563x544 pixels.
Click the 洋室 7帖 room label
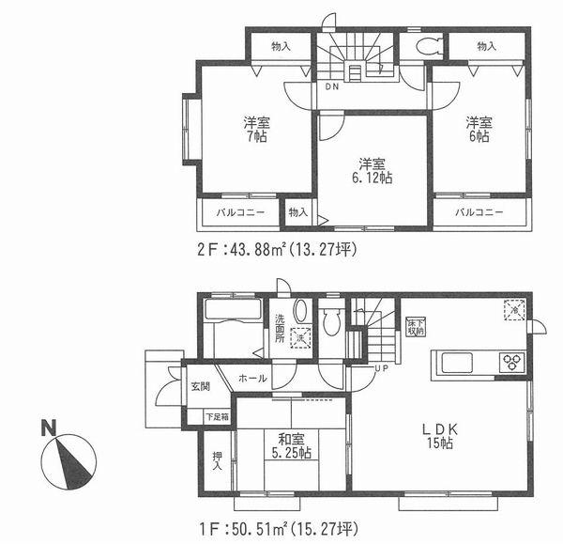point(251,130)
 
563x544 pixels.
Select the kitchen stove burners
point(512,362)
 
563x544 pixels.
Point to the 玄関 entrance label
point(201,386)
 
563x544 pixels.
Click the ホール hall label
point(251,379)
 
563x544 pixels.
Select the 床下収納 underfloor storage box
point(414,327)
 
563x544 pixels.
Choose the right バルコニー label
point(479,213)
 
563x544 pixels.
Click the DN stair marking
point(332,87)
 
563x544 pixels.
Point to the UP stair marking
point(382,367)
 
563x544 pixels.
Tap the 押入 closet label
point(217,459)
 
